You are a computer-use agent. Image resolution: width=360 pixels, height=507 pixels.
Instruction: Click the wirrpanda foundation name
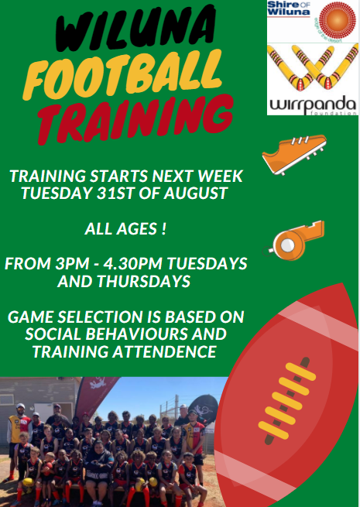[313, 104]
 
